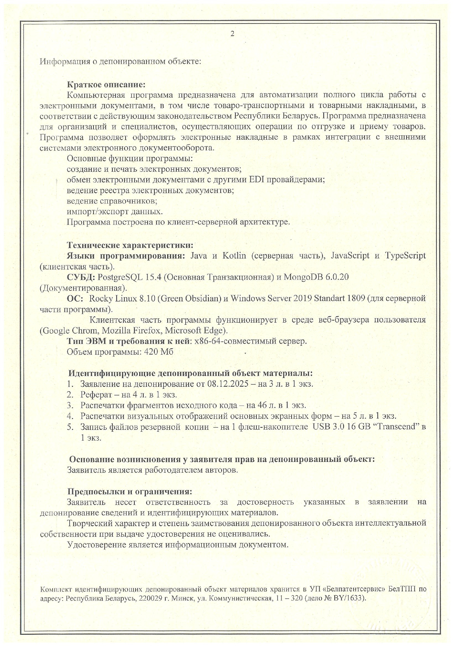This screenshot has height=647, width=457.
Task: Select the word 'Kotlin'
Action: pos(234,256)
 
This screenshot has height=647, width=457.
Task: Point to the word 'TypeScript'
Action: pos(405,256)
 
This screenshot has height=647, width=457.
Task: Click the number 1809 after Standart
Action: pos(356,298)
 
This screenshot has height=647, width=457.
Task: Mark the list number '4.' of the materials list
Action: pos(70,416)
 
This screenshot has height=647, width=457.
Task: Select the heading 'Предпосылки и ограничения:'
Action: pos(130,491)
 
